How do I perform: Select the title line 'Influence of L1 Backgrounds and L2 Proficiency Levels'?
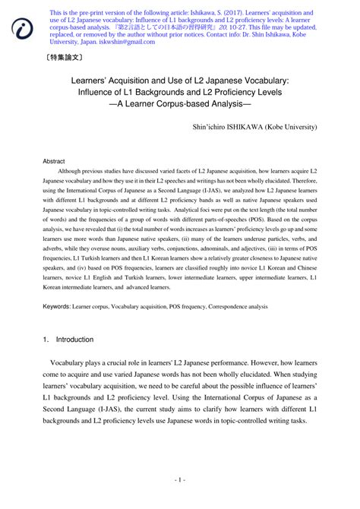pyautogui.click(x=180, y=93)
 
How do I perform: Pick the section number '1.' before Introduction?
pyautogui.click(x=46, y=340)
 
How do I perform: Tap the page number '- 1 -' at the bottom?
pyautogui.click(x=179, y=480)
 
